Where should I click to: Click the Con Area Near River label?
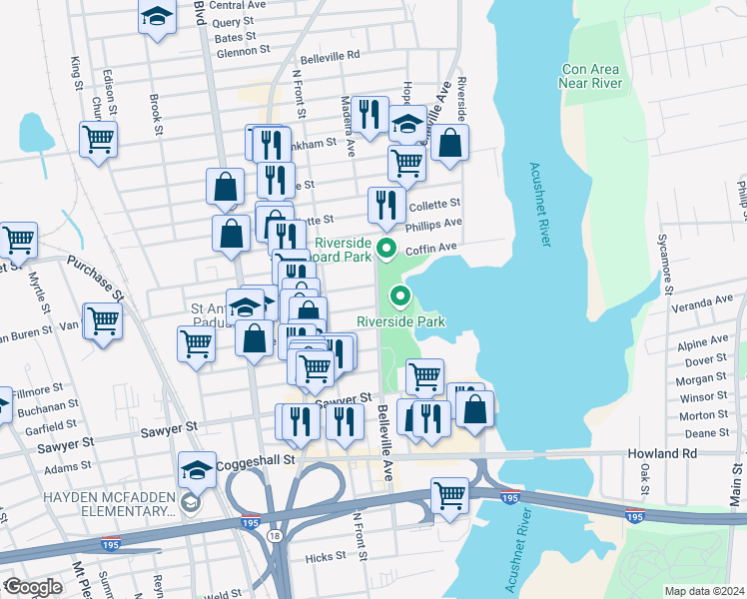tap(592, 76)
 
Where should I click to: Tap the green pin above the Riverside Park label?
tap(401, 296)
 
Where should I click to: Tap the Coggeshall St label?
tap(262, 460)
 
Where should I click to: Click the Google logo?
tap(33, 586)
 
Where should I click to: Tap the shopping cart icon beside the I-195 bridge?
tap(449, 494)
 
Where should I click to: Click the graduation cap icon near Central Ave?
tap(157, 18)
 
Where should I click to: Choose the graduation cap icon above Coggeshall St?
tap(197, 468)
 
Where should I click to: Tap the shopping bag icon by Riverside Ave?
tap(450, 141)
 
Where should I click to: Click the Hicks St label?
tap(326, 557)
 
